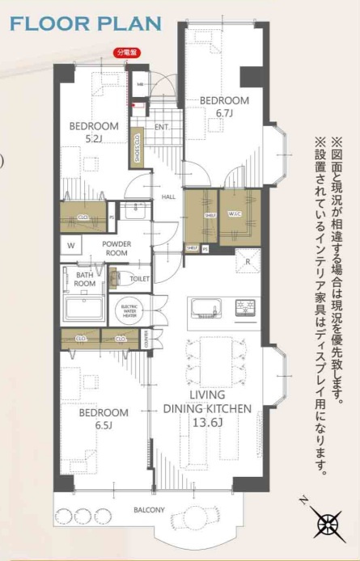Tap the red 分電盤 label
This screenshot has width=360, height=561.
[x=126, y=53]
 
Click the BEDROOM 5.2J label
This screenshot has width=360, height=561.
[x=94, y=133]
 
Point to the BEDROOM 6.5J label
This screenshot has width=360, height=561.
[x=104, y=418]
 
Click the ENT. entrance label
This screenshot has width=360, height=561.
[x=162, y=127]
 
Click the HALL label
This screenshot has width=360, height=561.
[x=168, y=196]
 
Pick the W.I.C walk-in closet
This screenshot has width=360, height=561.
[x=240, y=215]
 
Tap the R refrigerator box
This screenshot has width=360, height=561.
[x=247, y=261]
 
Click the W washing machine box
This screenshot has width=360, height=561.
[x=71, y=246]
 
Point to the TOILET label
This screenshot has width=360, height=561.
[x=140, y=278]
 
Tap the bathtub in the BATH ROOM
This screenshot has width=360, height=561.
[x=83, y=308]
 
